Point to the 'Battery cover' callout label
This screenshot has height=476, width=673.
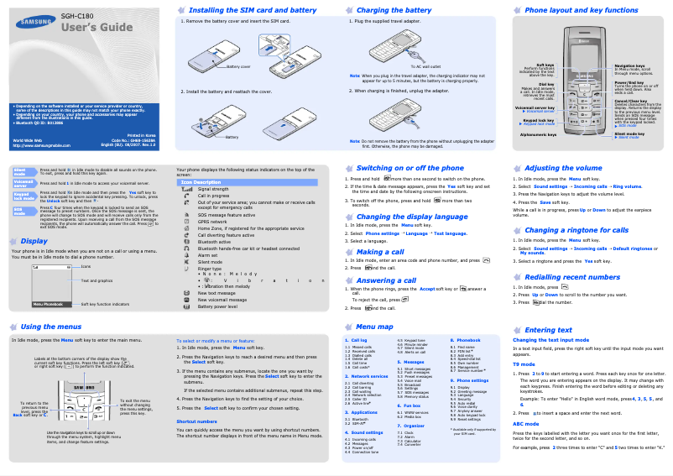(x=239, y=65)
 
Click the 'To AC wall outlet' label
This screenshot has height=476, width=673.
(x=425, y=65)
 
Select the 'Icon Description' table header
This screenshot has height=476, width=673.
(x=201, y=182)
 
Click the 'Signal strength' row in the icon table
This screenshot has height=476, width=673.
(x=212, y=189)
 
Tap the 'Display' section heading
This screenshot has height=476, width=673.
(x=34, y=241)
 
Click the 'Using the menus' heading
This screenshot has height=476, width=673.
(x=51, y=327)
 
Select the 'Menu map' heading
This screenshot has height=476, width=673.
(x=374, y=327)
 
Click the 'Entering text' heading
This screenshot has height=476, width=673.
(x=547, y=330)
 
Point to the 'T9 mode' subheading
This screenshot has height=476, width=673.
(x=524, y=364)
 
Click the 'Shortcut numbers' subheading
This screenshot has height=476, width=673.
(x=196, y=421)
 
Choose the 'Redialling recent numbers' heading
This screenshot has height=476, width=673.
(x=572, y=277)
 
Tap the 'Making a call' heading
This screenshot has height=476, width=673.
(x=379, y=252)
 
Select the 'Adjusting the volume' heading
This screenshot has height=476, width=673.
(x=563, y=168)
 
